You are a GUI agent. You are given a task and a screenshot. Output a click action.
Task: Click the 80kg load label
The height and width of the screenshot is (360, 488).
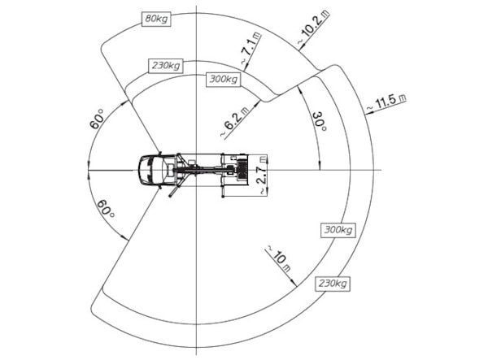[156, 19]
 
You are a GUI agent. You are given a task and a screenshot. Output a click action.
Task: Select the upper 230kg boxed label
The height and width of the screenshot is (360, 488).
[166, 66]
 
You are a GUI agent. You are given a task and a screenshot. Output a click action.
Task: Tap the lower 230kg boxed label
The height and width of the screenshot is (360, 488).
[333, 284]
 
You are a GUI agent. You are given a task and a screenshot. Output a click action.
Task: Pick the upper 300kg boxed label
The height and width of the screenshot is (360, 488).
[224, 79]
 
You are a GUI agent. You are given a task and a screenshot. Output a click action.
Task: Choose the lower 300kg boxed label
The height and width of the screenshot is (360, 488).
[338, 230]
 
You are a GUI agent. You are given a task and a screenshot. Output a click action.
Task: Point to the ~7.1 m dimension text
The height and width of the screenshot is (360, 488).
[251, 49]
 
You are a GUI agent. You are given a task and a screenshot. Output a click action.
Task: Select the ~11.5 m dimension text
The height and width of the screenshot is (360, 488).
[386, 102]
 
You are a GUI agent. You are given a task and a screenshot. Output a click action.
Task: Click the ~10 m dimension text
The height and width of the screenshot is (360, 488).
[278, 258]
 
